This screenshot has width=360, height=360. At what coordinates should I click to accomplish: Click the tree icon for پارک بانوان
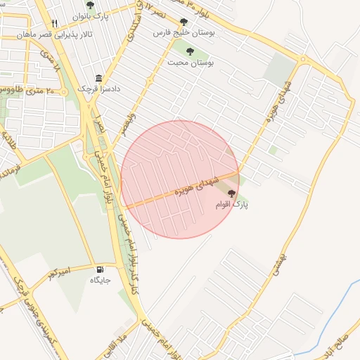(90, 5)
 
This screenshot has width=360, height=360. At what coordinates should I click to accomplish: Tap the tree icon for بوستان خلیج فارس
(184, 22)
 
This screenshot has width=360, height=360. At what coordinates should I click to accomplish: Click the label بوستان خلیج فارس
(184, 33)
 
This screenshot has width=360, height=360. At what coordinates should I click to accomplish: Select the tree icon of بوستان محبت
(190, 51)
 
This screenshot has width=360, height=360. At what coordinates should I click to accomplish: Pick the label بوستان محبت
(190, 62)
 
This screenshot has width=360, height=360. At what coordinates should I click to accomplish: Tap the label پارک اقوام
(231, 205)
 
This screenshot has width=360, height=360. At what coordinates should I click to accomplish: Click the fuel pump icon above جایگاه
(98, 269)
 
